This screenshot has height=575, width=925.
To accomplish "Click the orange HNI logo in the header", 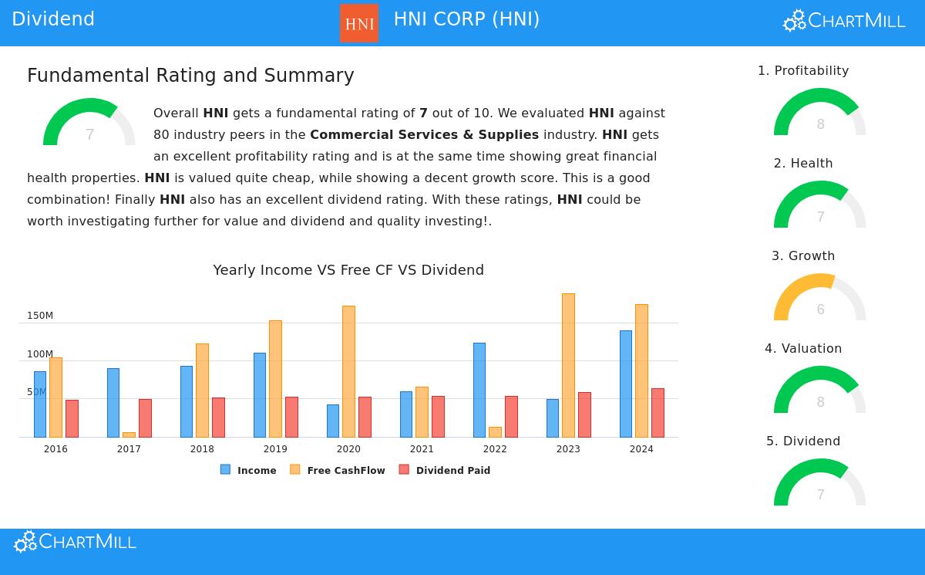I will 359,23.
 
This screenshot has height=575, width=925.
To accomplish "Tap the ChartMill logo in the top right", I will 844,21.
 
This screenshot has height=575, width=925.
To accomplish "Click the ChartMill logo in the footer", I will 76,542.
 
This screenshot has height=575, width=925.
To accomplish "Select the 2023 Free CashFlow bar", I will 568,365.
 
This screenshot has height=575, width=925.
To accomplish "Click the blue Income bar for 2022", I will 479,390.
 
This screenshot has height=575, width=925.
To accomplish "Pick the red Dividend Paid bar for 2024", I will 658,413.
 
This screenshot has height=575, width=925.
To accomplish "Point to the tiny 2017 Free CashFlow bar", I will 129,435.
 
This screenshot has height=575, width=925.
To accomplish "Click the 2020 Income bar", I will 333,421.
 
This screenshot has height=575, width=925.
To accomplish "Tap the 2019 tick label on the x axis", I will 275,449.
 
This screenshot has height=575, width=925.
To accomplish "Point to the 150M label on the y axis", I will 40,316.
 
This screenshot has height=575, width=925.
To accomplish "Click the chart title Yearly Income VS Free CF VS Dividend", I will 348,270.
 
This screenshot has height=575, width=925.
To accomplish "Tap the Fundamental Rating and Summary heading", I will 190,76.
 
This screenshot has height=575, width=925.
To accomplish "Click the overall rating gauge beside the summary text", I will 89,123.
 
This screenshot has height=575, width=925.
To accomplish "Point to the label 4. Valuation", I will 803,349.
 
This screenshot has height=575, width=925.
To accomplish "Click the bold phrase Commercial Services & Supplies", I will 424,135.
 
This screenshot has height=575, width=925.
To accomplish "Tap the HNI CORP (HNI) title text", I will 466,19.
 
